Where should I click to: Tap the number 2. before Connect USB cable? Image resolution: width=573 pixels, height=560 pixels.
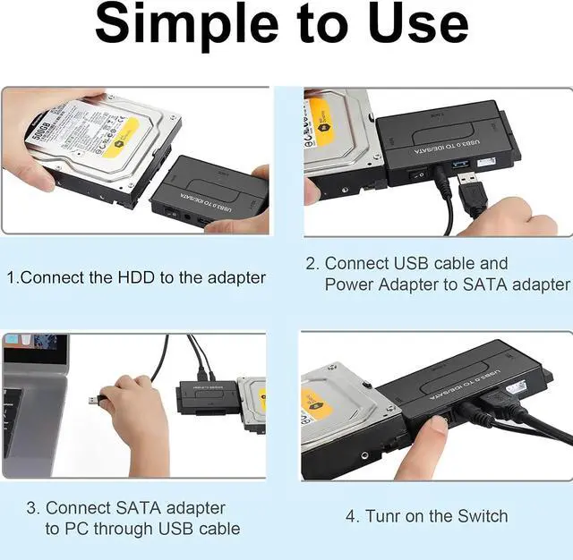312,264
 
